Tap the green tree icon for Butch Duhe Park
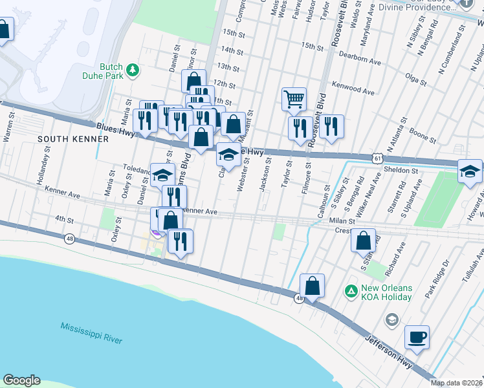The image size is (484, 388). click(x=132, y=70)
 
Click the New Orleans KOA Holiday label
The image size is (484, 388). click(x=386, y=292)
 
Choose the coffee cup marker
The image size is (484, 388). click(x=416, y=337)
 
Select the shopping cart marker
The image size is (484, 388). click(x=293, y=99)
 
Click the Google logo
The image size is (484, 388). click(x=21, y=380)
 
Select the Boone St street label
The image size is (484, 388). click(x=423, y=136)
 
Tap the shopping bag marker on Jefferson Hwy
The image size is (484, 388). click(x=312, y=285)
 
